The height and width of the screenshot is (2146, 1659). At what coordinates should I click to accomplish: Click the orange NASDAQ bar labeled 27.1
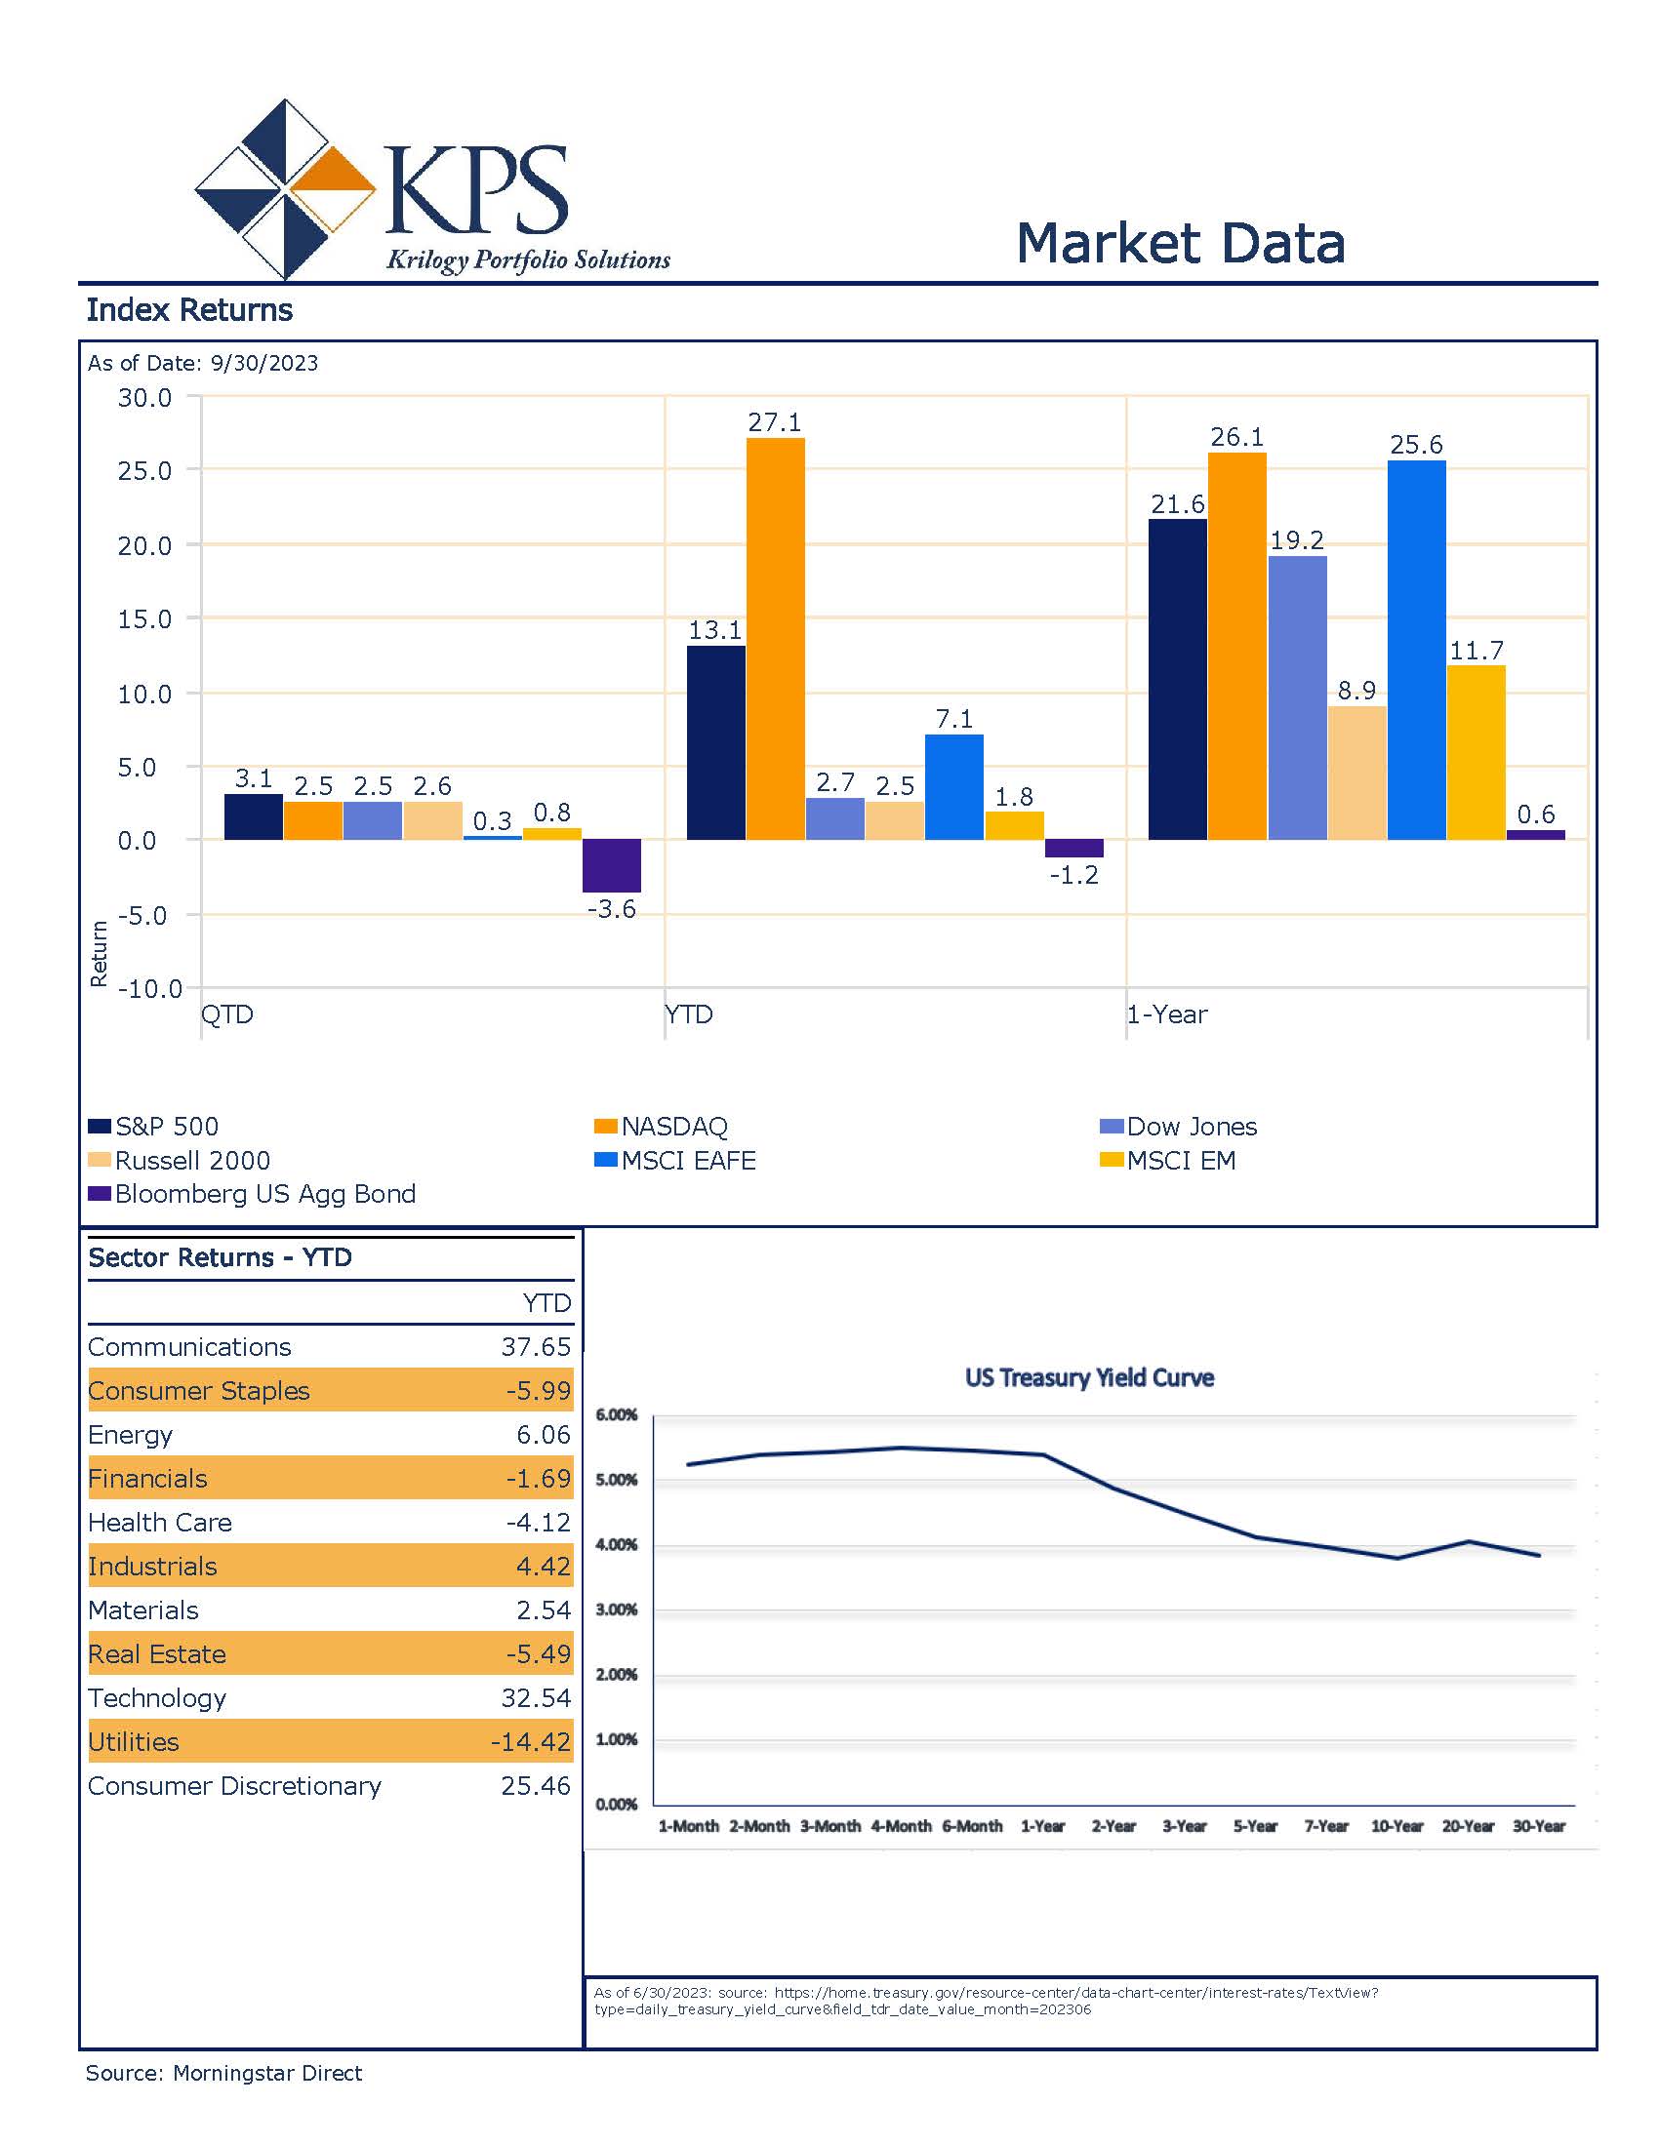776,639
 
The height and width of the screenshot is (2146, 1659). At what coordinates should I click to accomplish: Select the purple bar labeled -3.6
611,865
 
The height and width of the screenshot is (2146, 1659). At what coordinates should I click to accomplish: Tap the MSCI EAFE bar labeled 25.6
1416,651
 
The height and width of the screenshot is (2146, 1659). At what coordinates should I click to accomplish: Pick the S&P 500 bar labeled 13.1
715,743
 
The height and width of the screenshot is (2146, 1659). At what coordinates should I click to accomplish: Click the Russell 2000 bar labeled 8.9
1357,774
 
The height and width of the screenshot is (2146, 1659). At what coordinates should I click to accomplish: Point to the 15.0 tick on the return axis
144,619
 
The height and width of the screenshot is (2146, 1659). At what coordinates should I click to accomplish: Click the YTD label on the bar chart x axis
689,1014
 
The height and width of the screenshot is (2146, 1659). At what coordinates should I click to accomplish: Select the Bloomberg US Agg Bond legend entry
252,1194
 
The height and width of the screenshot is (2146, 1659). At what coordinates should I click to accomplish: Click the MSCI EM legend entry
1167,1161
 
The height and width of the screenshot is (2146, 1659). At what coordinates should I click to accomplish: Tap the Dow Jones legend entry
1179,1127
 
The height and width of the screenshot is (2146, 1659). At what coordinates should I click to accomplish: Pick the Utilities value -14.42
531,1742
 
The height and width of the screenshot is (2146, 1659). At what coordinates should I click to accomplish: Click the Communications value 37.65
536,1347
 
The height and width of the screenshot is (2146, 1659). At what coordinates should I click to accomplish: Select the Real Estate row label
157,1654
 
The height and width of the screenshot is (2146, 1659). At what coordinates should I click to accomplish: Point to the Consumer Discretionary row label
235,1786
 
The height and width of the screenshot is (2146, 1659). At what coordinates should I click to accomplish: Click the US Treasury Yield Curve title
1089,1377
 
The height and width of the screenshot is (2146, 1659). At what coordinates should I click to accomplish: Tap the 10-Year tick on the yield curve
1396,1826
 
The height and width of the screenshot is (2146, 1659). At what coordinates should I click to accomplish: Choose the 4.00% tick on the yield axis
616,1545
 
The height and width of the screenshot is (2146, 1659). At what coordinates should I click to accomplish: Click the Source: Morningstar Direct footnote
224,2073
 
